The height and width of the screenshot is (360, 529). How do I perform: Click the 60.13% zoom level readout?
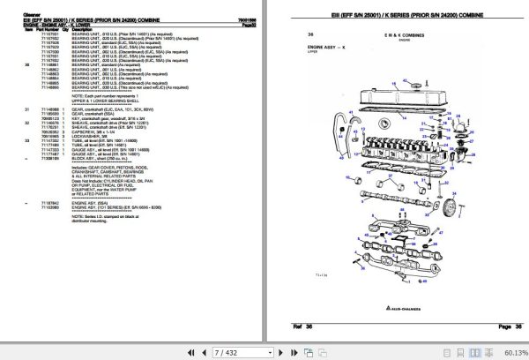(x=510, y=353)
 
